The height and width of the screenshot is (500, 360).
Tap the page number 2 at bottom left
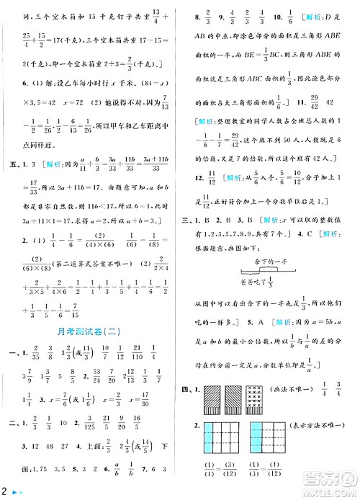coord(4,491)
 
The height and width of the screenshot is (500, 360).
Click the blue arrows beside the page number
coord(17,491)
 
